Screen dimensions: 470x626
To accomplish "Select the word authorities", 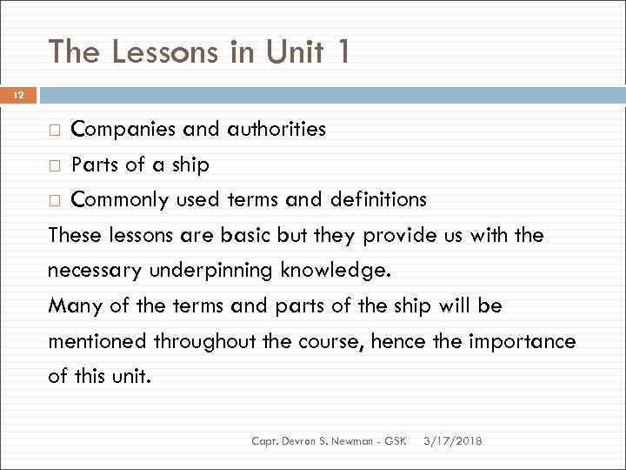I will tap(276, 130).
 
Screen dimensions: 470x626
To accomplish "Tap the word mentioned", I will tap(97, 341).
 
